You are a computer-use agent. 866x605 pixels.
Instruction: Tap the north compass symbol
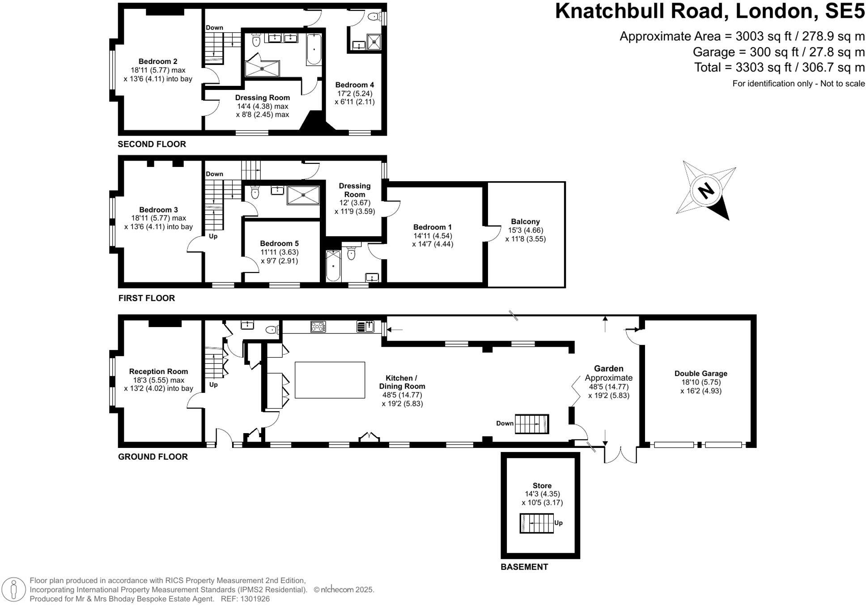706,191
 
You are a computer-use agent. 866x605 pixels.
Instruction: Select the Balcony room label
525,222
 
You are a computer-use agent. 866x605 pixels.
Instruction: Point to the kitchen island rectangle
330,380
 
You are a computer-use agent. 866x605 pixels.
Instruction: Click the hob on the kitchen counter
318,327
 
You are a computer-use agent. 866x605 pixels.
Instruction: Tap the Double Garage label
700,373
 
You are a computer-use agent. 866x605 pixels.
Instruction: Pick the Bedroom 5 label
279,243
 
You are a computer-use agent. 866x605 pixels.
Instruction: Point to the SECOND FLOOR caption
152,144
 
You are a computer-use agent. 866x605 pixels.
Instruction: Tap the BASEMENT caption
524,567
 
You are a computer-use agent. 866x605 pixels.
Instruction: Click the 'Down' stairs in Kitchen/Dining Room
531,424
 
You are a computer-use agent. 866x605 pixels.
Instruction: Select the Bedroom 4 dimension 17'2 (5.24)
354,94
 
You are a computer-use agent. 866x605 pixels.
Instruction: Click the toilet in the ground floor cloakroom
272,330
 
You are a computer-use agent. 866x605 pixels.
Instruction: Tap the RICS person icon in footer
14,590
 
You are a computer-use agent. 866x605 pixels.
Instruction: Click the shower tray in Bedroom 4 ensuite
374,42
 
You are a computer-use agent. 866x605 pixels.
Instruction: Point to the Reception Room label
158,371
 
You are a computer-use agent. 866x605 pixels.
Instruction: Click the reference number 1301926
255,599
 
